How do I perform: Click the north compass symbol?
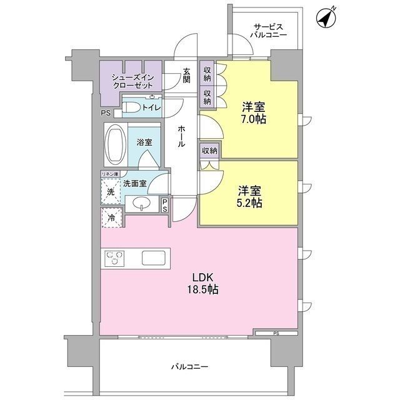tap(326, 18)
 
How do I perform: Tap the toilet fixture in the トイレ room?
tap(131, 107)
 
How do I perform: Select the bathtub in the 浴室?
tap(116, 144)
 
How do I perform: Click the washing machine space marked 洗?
tap(111, 191)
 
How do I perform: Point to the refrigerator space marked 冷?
tap(111, 217)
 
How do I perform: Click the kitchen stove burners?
tap(114, 258)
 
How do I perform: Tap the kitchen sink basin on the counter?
tap(153, 258)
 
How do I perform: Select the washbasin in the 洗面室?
tap(141, 204)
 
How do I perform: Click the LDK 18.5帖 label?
tap(202, 283)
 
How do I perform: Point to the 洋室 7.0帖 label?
tap(254, 113)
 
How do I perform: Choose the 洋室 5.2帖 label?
tap(250, 197)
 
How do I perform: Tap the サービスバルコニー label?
tap(268, 31)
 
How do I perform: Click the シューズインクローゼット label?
tap(133, 81)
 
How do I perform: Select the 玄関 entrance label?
tap(186, 75)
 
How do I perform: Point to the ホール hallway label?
tap(181, 136)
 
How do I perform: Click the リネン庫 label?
tap(110, 174)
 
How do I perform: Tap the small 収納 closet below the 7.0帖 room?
tap(210, 151)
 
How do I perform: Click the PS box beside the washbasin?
tap(164, 206)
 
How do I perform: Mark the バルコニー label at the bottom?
tap(189, 367)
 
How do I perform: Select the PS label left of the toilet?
tap(106, 112)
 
